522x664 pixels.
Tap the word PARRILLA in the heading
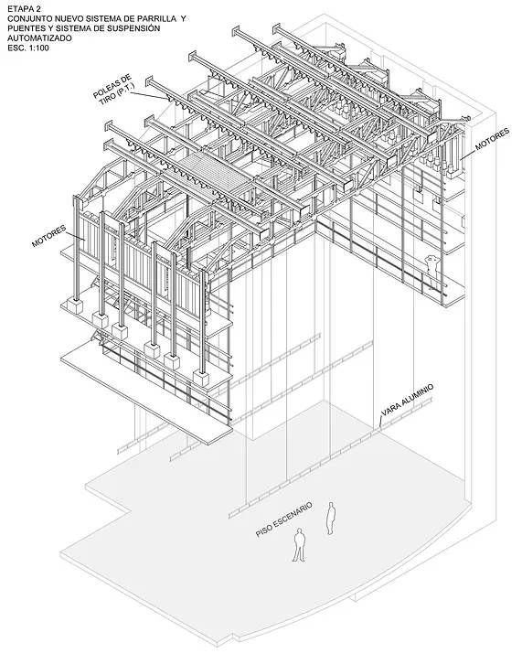click(x=159, y=19)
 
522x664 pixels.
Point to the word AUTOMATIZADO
click(x=40, y=38)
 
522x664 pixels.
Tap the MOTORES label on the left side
click(x=49, y=236)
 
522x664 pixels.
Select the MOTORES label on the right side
click(x=493, y=140)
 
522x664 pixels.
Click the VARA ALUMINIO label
click(x=407, y=401)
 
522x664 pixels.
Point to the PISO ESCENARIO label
click(x=283, y=519)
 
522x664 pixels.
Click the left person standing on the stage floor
click(x=299, y=544)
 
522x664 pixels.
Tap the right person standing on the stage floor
click(x=331, y=519)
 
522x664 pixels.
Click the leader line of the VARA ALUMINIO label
click(x=380, y=423)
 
